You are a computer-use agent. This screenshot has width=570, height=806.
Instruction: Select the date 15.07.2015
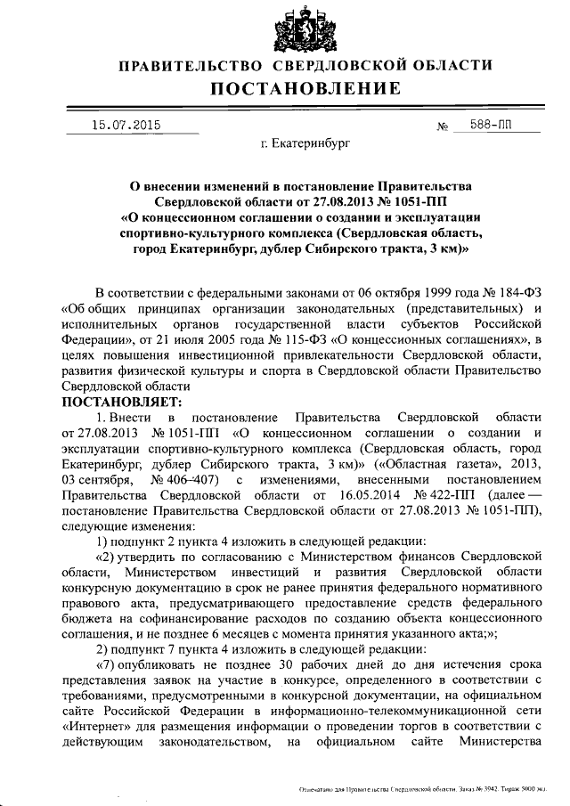pyautogui.click(x=126, y=126)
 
